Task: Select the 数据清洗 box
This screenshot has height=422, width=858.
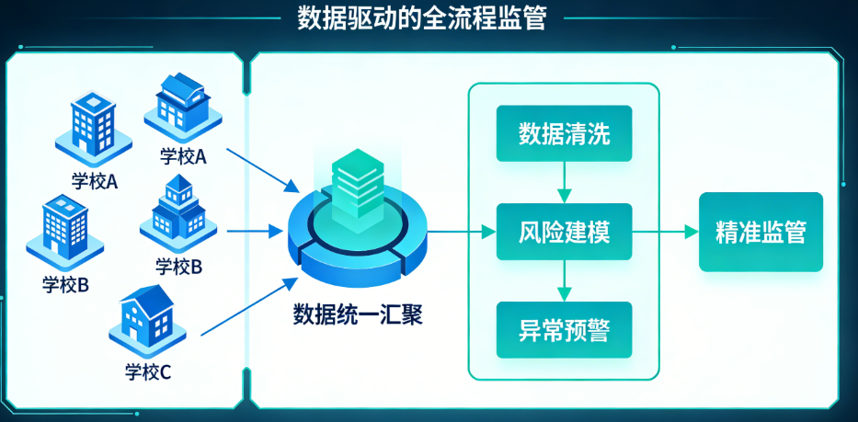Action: point(565,133)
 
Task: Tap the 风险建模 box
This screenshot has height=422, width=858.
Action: point(565,231)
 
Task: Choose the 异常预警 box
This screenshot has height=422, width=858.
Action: point(565,329)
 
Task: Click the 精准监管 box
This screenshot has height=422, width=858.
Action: point(761,232)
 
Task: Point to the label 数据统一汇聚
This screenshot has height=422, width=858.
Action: point(358,315)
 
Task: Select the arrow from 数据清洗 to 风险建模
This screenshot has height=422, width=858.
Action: point(565,182)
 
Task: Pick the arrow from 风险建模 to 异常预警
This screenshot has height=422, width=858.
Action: point(565,279)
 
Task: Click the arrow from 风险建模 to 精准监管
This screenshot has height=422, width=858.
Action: point(666,232)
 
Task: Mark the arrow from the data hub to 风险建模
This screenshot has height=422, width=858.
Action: point(460,232)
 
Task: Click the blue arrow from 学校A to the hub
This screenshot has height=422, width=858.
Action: point(262,169)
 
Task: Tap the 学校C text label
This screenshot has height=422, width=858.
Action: point(148,372)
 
